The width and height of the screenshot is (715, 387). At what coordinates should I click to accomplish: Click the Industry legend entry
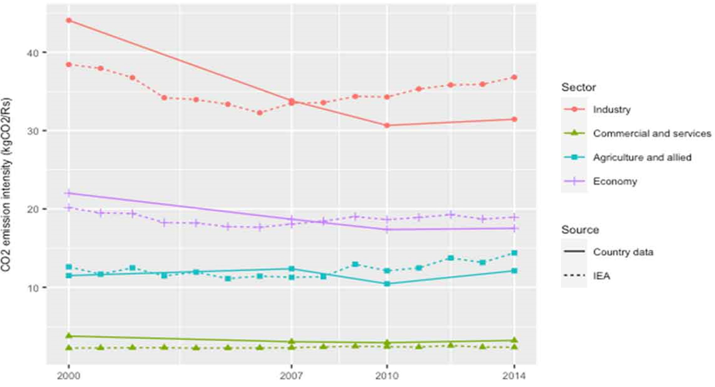(x=611, y=109)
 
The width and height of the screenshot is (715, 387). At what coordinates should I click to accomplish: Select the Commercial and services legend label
(x=652, y=133)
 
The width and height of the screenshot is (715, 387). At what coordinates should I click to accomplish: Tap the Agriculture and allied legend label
(x=642, y=157)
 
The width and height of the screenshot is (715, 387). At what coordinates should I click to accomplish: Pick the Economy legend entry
(x=615, y=181)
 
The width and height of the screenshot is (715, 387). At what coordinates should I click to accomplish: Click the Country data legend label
(x=623, y=252)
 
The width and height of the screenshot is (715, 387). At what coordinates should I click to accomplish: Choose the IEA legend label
(x=602, y=276)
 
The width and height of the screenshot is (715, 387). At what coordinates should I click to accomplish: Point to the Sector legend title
(x=578, y=87)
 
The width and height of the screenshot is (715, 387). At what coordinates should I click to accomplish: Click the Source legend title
(x=580, y=230)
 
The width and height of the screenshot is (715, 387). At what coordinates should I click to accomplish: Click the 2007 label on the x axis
(x=291, y=376)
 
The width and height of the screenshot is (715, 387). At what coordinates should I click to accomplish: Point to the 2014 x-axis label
(x=514, y=376)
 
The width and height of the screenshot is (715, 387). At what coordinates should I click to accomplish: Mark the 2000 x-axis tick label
(x=68, y=376)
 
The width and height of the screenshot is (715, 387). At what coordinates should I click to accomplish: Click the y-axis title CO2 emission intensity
(x=6, y=185)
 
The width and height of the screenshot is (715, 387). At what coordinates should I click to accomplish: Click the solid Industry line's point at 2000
(x=68, y=20)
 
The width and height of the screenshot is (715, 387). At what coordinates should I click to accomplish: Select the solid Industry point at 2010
(x=387, y=125)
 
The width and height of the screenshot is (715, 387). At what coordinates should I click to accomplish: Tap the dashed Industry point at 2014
(x=514, y=77)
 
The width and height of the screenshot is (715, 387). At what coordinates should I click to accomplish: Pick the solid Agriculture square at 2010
(x=387, y=284)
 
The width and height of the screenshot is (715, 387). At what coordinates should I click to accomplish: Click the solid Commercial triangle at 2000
(x=68, y=336)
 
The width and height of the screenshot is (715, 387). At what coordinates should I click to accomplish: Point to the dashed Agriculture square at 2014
(x=514, y=253)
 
